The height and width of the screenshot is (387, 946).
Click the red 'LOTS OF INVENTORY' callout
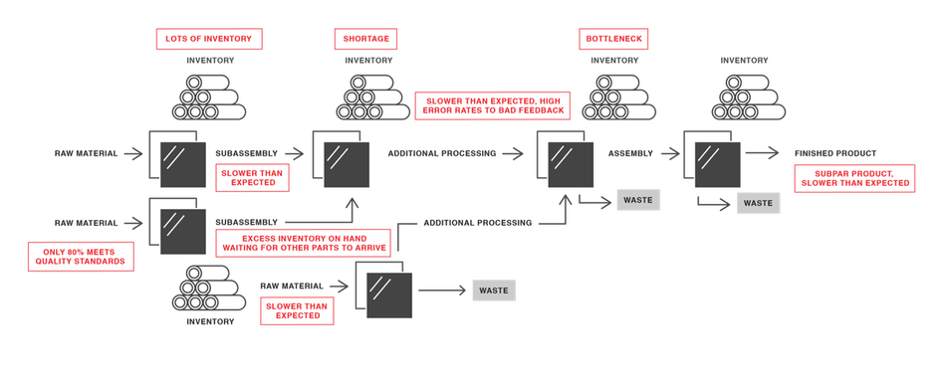pos(210,39)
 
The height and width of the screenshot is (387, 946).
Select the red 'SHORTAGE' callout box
pos(362,39)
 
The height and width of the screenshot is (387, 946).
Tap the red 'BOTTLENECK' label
pos(613,39)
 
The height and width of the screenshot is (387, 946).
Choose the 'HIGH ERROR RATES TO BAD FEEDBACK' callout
pos(491,105)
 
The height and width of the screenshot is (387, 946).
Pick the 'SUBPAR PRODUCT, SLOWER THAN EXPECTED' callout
pos(854,178)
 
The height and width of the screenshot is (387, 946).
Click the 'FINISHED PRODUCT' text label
pos(835,153)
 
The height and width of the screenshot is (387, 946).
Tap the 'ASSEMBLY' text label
pos(630,153)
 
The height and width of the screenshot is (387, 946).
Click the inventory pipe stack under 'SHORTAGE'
pos(362,98)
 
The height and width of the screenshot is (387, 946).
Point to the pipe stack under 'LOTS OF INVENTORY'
pos(210,98)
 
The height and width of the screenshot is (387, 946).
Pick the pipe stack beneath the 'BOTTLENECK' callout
pos(613,98)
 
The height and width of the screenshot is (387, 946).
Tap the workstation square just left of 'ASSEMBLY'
pos(568,156)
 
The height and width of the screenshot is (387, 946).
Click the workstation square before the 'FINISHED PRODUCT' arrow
pos(714,156)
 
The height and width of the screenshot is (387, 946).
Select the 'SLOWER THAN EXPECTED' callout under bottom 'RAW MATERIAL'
pos(295,311)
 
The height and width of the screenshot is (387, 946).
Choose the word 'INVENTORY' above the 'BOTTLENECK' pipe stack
pos(613,61)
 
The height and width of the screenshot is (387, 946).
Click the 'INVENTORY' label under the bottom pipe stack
pos(210,322)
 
